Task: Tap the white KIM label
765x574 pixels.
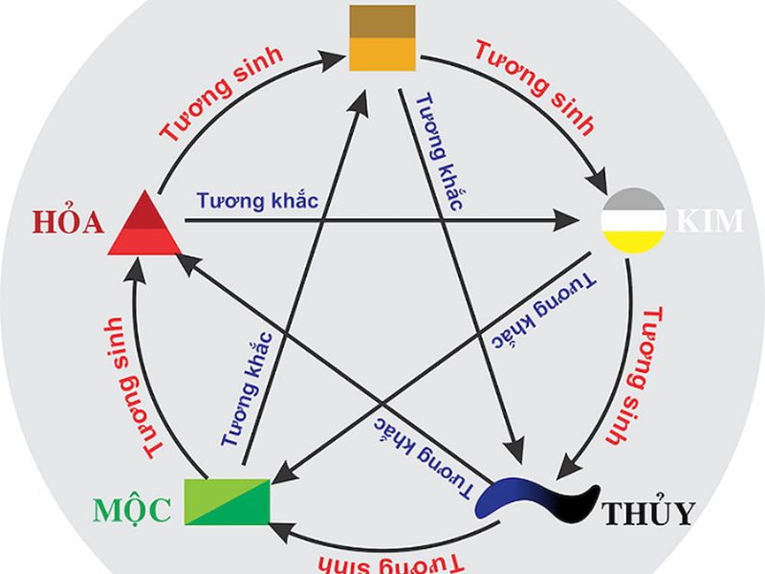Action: click(709, 221)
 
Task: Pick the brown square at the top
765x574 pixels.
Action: click(382, 37)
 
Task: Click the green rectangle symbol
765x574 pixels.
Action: click(228, 500)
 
